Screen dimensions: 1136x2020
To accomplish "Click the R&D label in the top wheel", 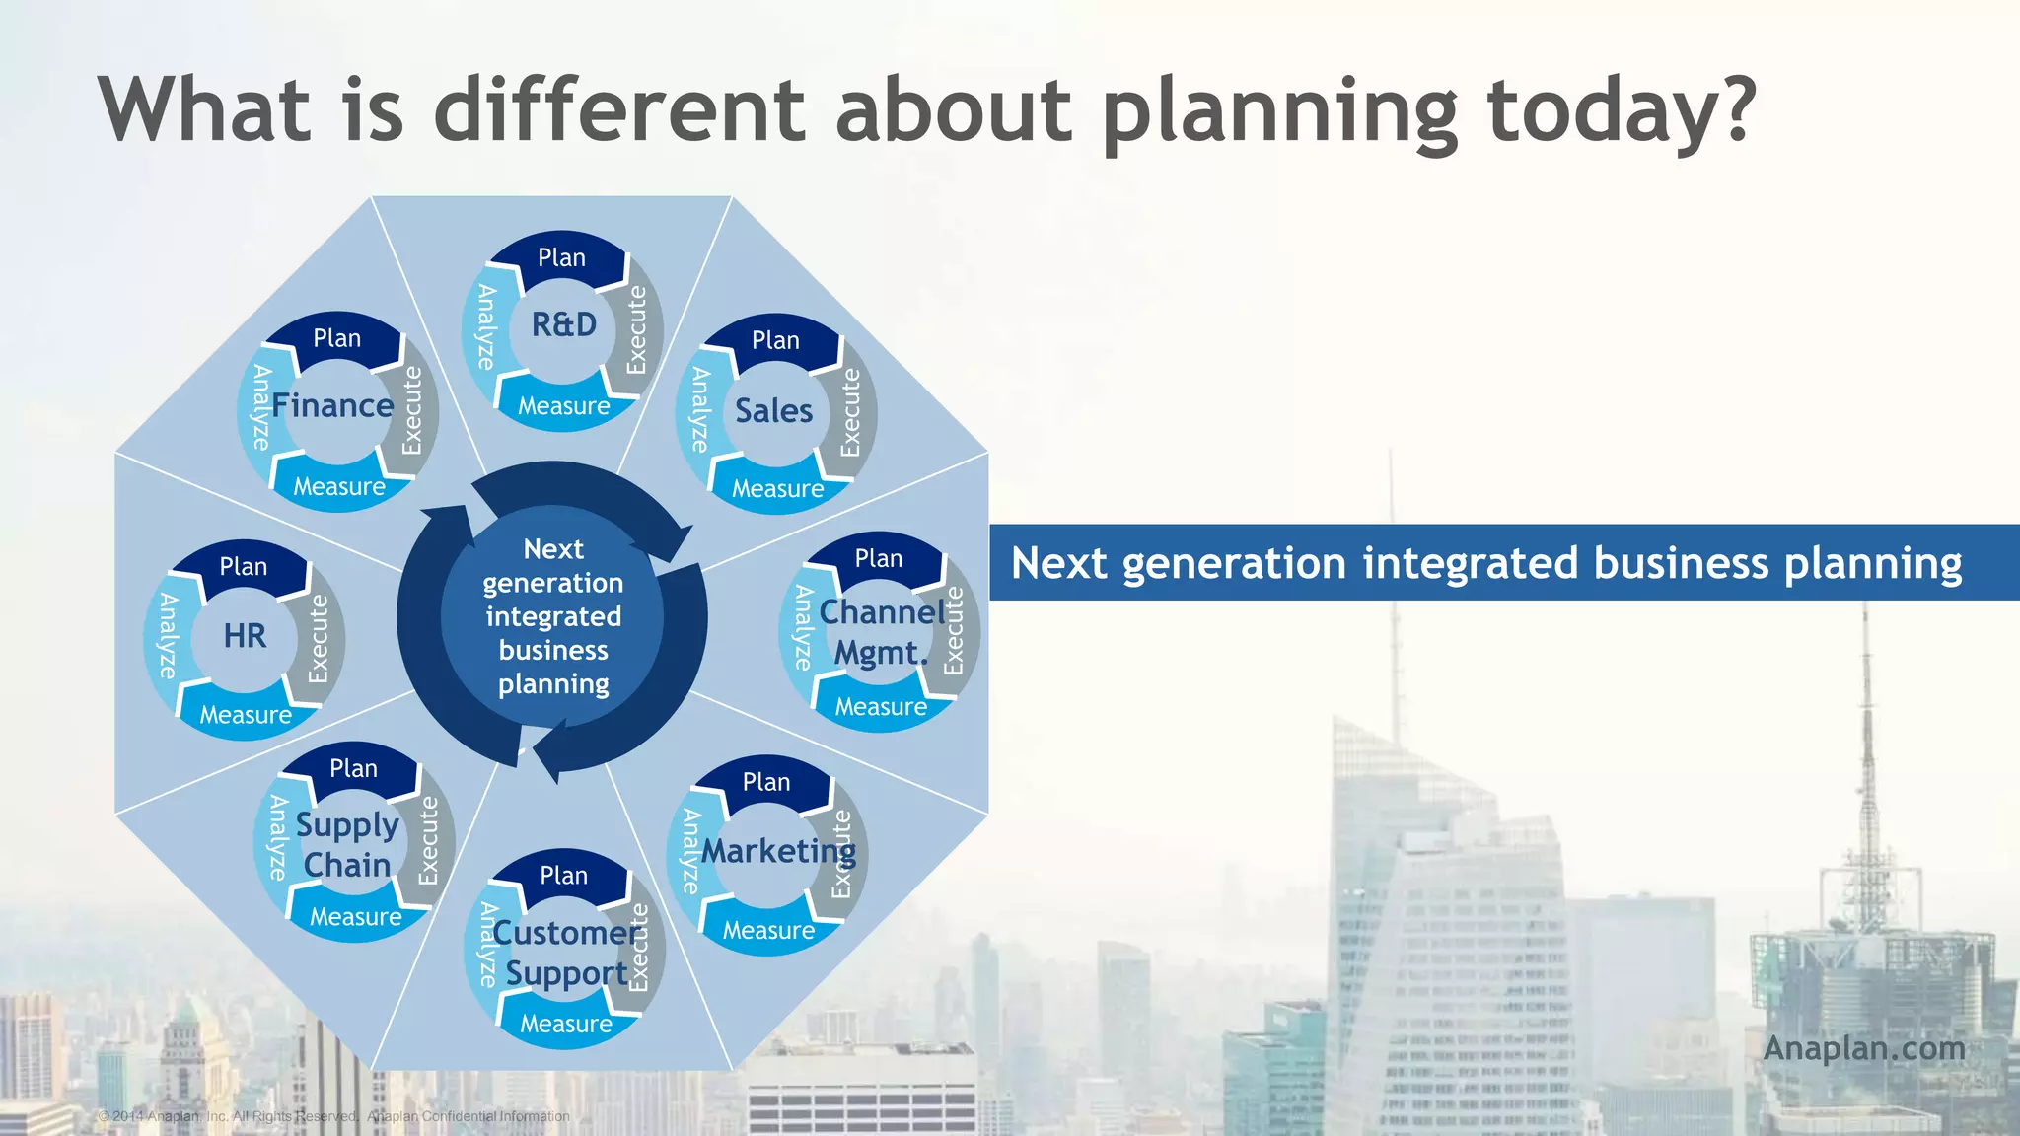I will [564, 324].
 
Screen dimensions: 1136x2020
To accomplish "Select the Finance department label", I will [332, 405].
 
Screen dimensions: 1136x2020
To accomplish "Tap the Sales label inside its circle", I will [773, 410].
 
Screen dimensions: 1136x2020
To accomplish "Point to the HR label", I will [245, 636].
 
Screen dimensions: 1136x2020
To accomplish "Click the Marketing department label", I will [778, 850].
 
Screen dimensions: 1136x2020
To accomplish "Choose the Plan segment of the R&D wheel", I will [561, 258].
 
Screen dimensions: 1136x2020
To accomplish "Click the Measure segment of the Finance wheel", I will [339, 486].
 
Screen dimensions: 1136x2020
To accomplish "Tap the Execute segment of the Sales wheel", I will [850, 412].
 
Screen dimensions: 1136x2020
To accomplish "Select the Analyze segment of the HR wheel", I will [168, 636].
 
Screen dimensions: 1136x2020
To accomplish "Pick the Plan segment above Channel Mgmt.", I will [878, 559].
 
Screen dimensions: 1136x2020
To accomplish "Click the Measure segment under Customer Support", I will [566, 1024].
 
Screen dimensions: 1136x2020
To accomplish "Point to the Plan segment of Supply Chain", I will [353, 768].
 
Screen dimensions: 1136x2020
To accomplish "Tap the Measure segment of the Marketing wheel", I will [768, 930].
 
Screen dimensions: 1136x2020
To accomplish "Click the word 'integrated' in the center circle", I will [553, 616].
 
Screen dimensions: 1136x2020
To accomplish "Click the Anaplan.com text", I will [1863, 1047].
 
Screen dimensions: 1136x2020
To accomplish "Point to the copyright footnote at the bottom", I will [333, 1116].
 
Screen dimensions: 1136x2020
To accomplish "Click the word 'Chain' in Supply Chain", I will [347, 865].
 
